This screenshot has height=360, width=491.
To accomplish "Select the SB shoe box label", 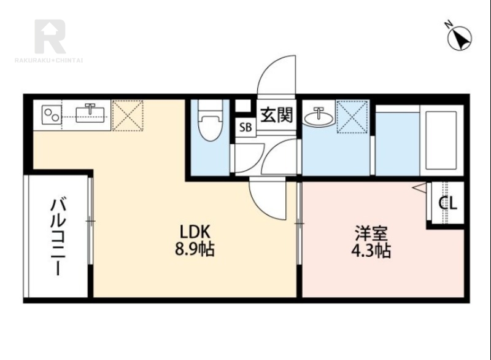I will pos(245,128).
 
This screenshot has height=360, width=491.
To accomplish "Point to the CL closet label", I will pos(447,203).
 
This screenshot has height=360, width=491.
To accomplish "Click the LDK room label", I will pos(195,232).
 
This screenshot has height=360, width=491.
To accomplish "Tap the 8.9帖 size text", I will pos(195,250).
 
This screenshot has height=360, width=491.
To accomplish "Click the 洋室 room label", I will pos(371,233).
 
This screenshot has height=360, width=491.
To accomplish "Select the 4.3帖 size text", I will pos(371,251).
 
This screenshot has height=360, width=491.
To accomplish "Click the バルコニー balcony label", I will pos(58,237).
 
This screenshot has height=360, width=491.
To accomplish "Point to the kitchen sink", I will pos(92,113).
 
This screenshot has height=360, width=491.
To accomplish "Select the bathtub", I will pos(441,139).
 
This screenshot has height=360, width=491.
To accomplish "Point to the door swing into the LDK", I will pos(268,198).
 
